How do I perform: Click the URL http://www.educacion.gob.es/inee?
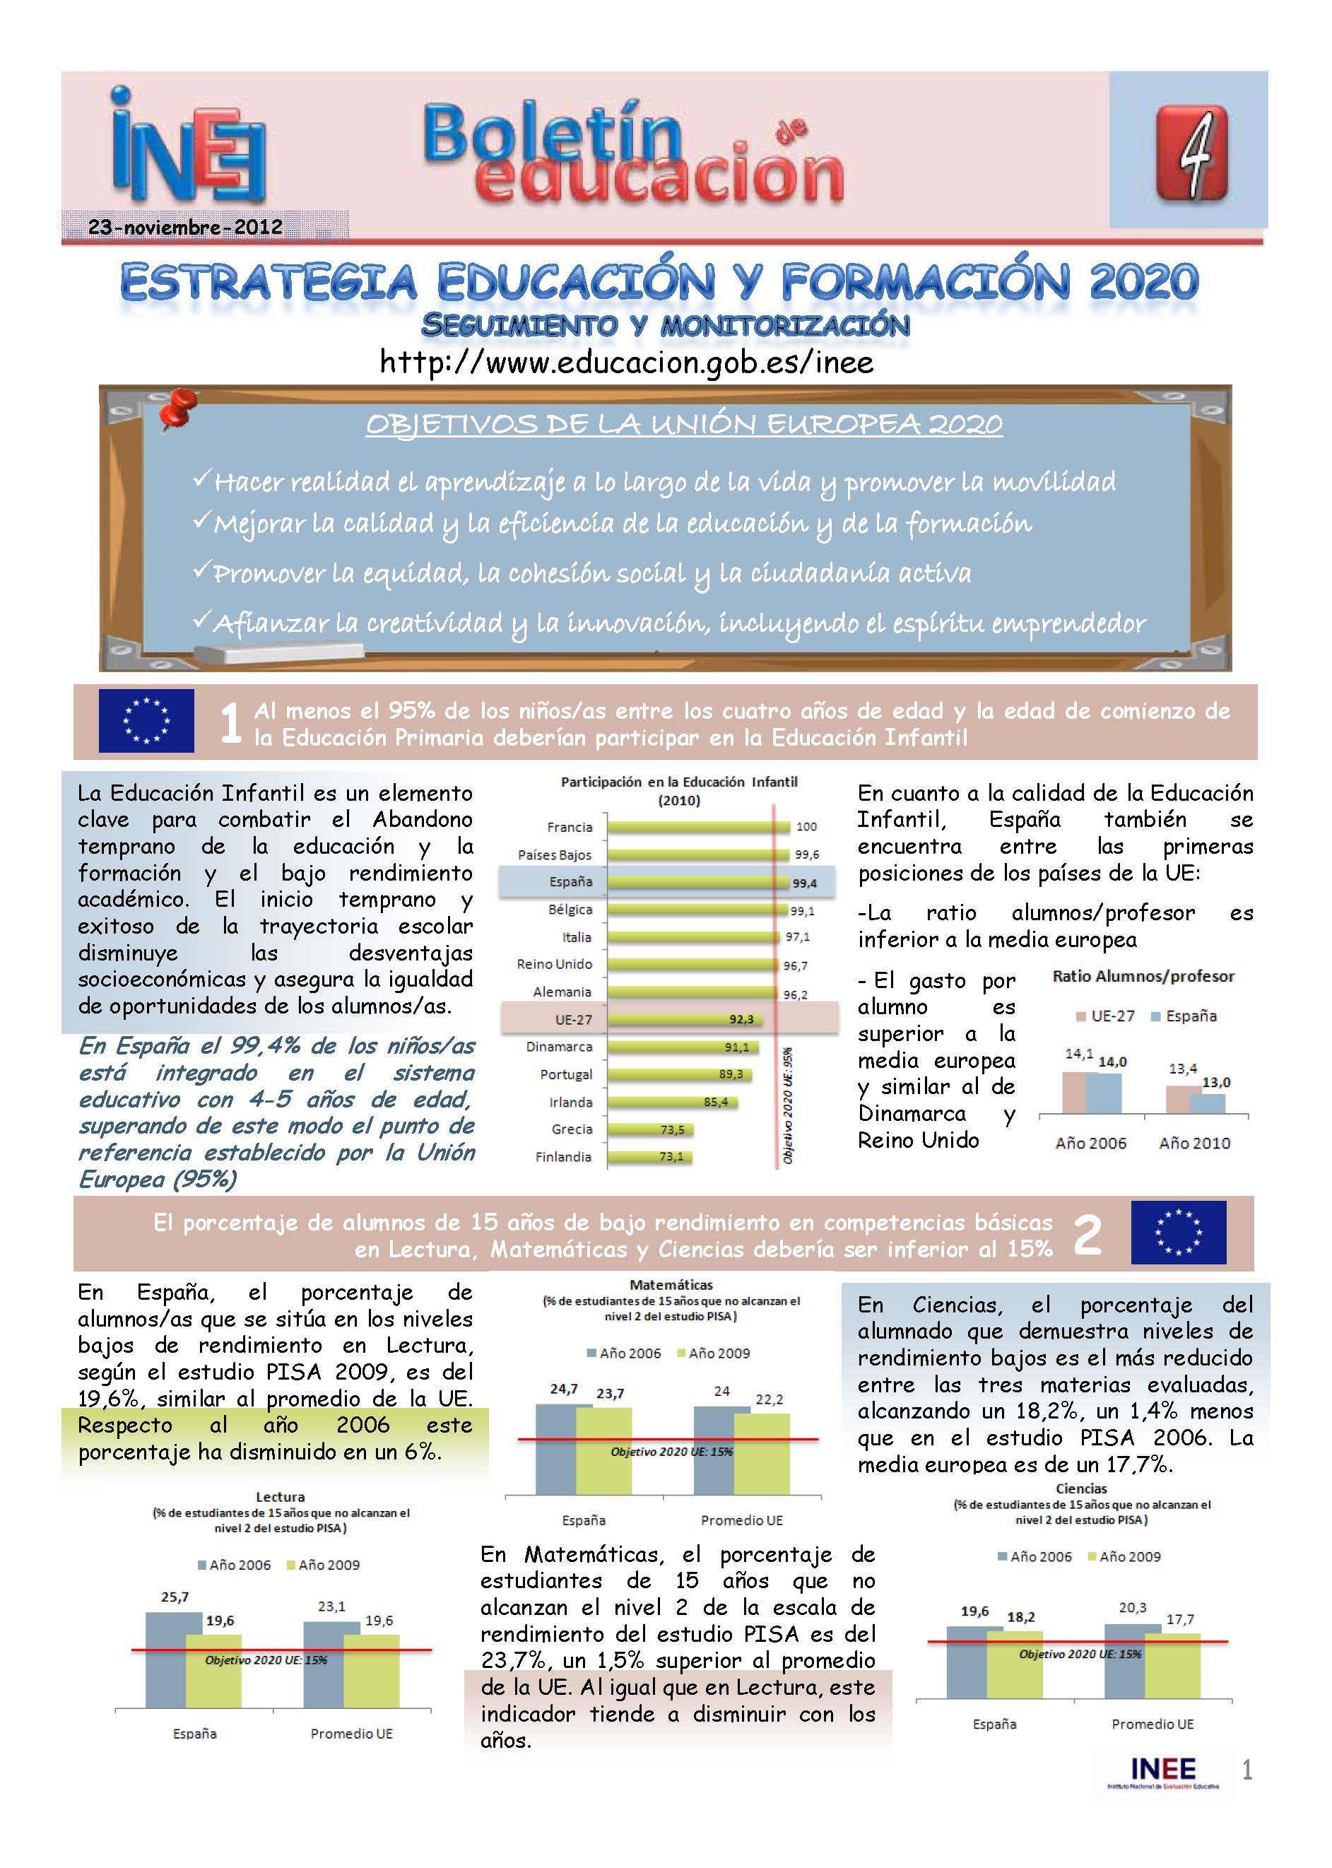click(x=627, y=362)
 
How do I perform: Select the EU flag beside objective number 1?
click(x=146, y=721)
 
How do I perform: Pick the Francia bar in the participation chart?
click(x=697, y=827)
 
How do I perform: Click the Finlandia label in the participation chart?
click(x=562, y=1157)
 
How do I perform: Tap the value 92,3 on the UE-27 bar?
click(x=741, y=1020)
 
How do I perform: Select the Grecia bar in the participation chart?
click(x=649, y=1129)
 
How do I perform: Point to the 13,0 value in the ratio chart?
click(x=1215, y=1082)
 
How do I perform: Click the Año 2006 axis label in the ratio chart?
click(x=1091, y=1143)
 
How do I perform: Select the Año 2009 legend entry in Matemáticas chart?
click(x=713, y=1353)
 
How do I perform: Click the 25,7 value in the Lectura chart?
click(x=175, y=1597)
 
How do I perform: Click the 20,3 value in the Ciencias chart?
click(x=1132, y=1608)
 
